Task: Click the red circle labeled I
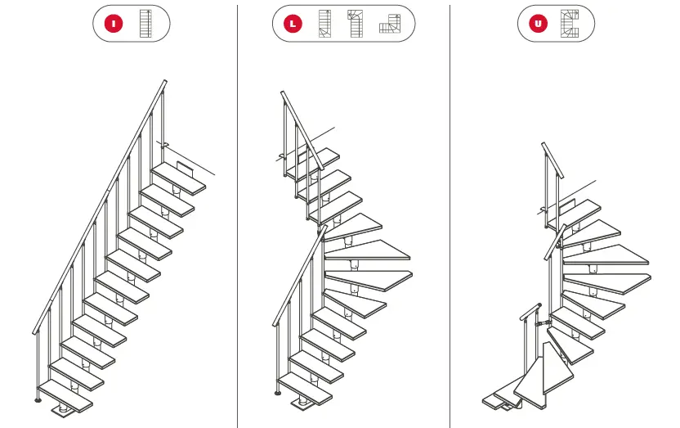(114, 24)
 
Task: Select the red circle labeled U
(538, 24)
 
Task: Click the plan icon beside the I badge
(146, 24)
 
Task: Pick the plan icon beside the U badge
(569, 24)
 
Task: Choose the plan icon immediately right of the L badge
(325, 24)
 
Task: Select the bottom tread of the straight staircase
(65, 394)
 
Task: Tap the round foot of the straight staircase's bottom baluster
(38, 400)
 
